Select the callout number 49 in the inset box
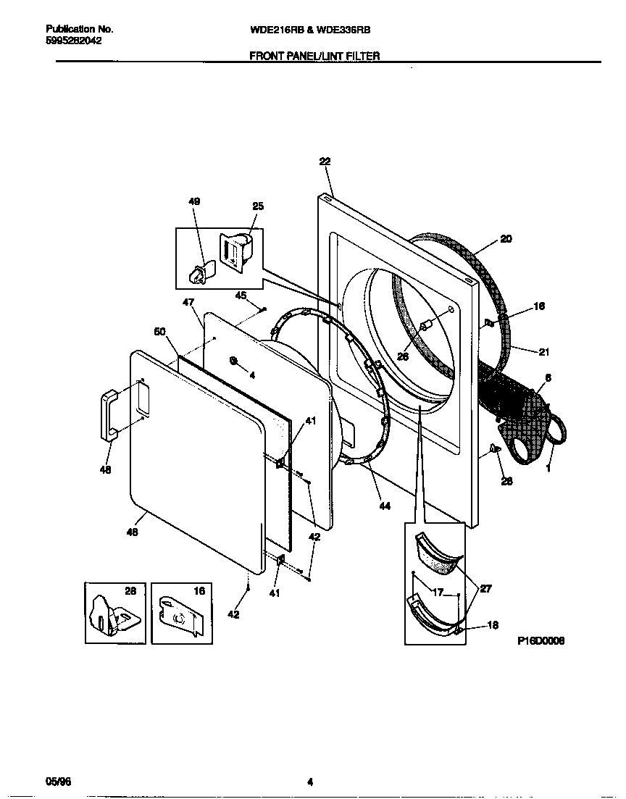click(194, 201)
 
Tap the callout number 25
click(258, 206)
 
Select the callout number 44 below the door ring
click(385, 506)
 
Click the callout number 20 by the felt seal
click(506, 239)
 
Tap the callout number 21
click(543, 352)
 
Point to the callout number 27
click(485, 589)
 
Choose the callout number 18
click(493, 626)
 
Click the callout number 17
click(437, 592)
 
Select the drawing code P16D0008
click(541, 641)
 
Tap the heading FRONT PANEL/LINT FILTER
click(314, 55)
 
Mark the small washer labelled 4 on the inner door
click(234, 360)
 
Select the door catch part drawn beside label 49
click(199, 272)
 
